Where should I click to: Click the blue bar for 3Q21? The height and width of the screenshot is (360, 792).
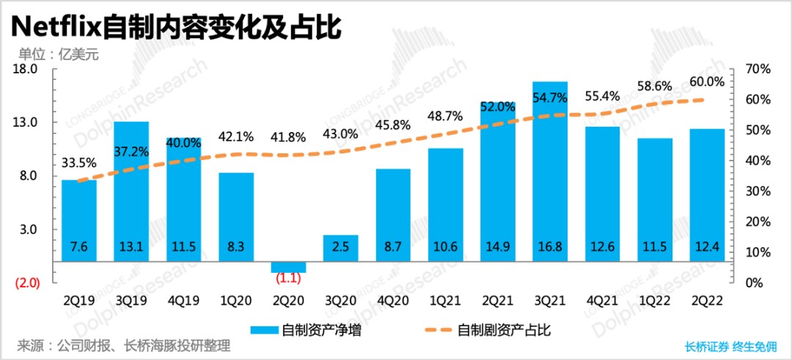550,169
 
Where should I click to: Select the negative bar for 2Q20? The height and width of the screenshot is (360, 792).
288,267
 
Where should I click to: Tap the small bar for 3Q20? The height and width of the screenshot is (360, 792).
341,248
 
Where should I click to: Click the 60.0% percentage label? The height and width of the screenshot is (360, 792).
708,82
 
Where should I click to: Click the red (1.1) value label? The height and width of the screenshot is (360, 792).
288,279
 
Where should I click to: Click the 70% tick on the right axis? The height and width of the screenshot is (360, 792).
758,69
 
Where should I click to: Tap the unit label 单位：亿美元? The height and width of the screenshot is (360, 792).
58,53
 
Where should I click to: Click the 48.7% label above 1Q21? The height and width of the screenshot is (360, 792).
445,116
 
